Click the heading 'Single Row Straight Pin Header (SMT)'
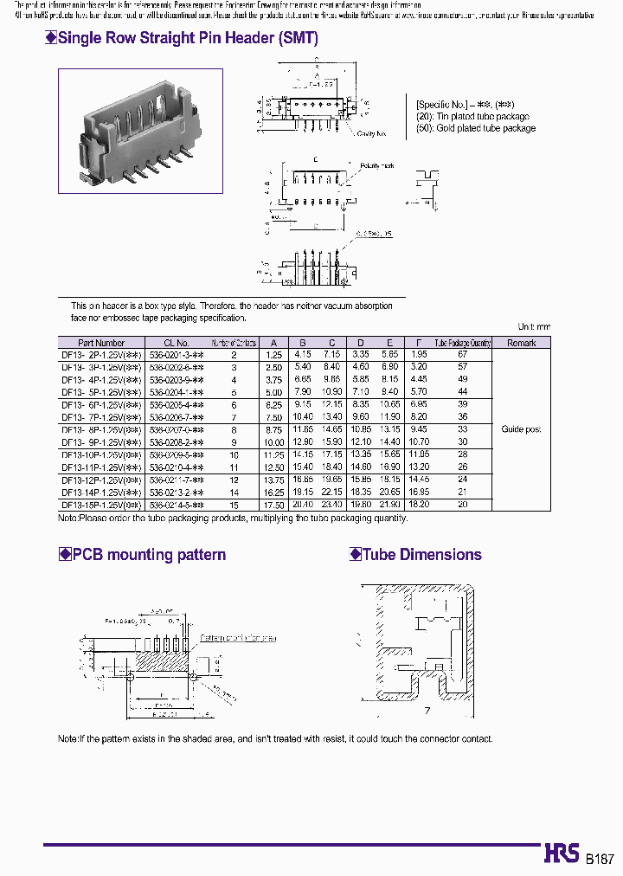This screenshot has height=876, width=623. click(x=187, y=38)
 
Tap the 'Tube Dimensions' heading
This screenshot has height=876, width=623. click(x=421, y=555)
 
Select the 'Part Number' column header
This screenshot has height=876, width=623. click(x=101, y=343)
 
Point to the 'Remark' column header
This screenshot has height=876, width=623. click(x=521, y=343)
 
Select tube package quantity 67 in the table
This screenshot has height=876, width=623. click(x=462, y=354)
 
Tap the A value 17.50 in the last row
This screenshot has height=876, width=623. click(x=273, y=505)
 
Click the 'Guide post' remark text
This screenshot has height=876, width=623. click(x=521, y=429)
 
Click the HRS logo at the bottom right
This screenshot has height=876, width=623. click(x=562, y=853)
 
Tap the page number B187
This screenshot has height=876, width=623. click(x=600, y=859)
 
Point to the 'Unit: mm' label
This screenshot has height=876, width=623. click(x=534, y=326)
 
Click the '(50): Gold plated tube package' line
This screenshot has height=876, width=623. click(x=475, y=128)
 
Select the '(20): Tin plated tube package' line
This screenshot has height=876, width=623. click(x=472, y=116)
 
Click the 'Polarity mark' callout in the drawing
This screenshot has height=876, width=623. click(x=376, y=164)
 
